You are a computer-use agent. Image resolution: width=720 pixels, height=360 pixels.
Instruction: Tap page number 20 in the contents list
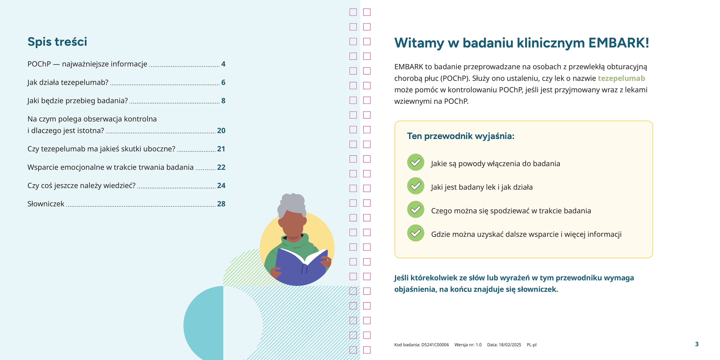[221, 131]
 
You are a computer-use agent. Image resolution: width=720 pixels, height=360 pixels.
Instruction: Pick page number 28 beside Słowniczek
[221, 204]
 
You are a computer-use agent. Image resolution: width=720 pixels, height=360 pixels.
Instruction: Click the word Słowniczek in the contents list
[46, 204]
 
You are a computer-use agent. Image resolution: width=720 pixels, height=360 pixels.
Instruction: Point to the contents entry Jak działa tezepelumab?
[68, 82]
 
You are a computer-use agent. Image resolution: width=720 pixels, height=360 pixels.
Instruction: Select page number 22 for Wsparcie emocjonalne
[221, 167]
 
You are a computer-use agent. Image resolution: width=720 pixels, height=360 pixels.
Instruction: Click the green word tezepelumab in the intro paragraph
[621, 78]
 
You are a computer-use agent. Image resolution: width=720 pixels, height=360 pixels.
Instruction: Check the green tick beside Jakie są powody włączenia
[416, 162]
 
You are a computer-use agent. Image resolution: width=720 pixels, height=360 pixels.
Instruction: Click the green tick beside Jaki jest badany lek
[416, 186]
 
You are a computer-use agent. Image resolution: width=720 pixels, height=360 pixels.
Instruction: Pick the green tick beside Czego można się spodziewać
[416, 209]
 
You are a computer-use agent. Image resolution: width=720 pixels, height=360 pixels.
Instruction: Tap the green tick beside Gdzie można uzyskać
[416, 233]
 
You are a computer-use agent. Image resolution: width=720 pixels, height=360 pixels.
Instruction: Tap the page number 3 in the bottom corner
[697, 344]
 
